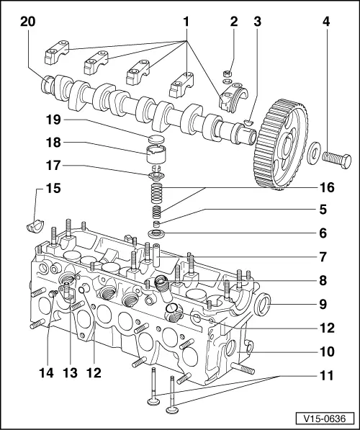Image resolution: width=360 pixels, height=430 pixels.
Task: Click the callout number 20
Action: click(x=28, y=22)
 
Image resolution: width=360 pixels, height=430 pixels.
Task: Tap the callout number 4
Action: click(x=326, y=22)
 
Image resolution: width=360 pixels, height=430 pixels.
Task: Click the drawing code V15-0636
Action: click(x=323, y=418)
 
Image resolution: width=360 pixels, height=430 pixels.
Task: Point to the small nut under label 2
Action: click(x=228, y=73)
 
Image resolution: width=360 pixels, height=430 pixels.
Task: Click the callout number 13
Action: click(x=69, y=373)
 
